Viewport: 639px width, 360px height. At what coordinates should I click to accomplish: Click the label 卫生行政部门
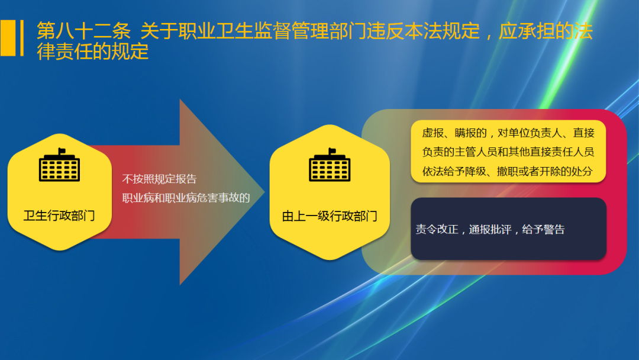59,215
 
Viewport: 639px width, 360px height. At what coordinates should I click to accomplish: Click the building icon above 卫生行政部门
59,166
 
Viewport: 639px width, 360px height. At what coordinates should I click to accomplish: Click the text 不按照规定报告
159,179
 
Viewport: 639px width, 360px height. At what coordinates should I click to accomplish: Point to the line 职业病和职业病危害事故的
186,198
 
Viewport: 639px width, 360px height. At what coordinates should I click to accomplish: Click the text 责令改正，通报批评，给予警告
490,230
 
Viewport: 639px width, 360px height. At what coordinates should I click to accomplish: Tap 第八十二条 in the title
83,31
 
